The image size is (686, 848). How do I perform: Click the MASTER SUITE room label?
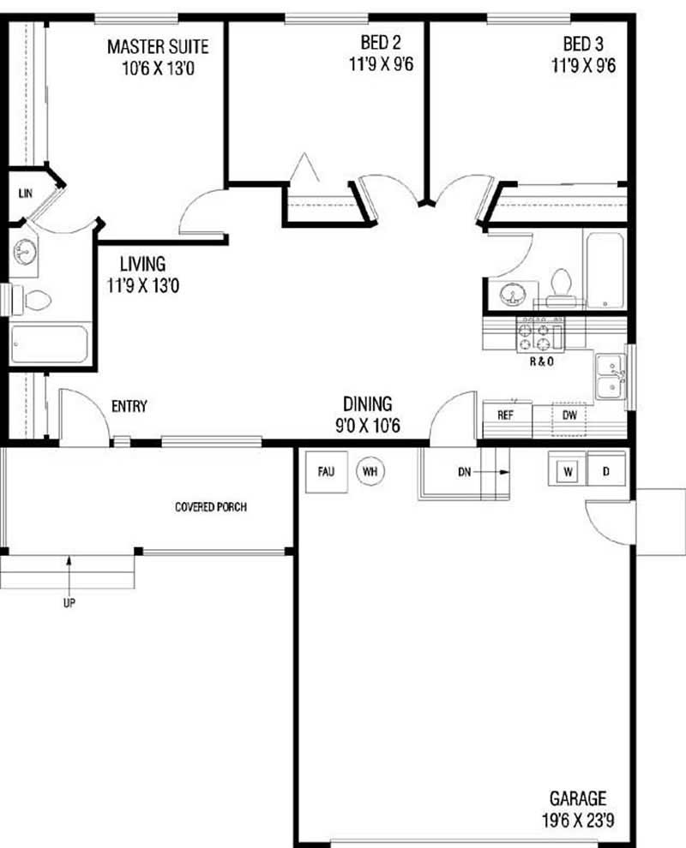(x=157, y=46)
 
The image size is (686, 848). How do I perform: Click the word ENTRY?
(x=129, y=406)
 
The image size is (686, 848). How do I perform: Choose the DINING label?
(x=367, y=403)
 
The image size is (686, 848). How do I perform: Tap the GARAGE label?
(x=577, y=799)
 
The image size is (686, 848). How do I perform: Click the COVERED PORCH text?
(x=211, y=507)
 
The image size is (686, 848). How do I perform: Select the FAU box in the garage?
(x=326, y=470)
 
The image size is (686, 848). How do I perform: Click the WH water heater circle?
(x=370, y=470)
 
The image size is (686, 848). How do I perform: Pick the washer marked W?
(x=567, y=471)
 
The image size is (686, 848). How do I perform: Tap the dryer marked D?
(x=605, y=471)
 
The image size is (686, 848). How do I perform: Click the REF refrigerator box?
(x=505, y=415)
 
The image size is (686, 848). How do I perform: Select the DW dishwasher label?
(x=569, y=415)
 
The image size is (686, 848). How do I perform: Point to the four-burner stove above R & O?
(x=539, y=333)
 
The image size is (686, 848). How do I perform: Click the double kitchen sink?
(x=611, y=378)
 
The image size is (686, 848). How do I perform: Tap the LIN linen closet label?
(x=25, y=194)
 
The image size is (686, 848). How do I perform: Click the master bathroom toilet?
(x=34, y=300)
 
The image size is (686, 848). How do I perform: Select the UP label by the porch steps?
(x=69, y=602)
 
